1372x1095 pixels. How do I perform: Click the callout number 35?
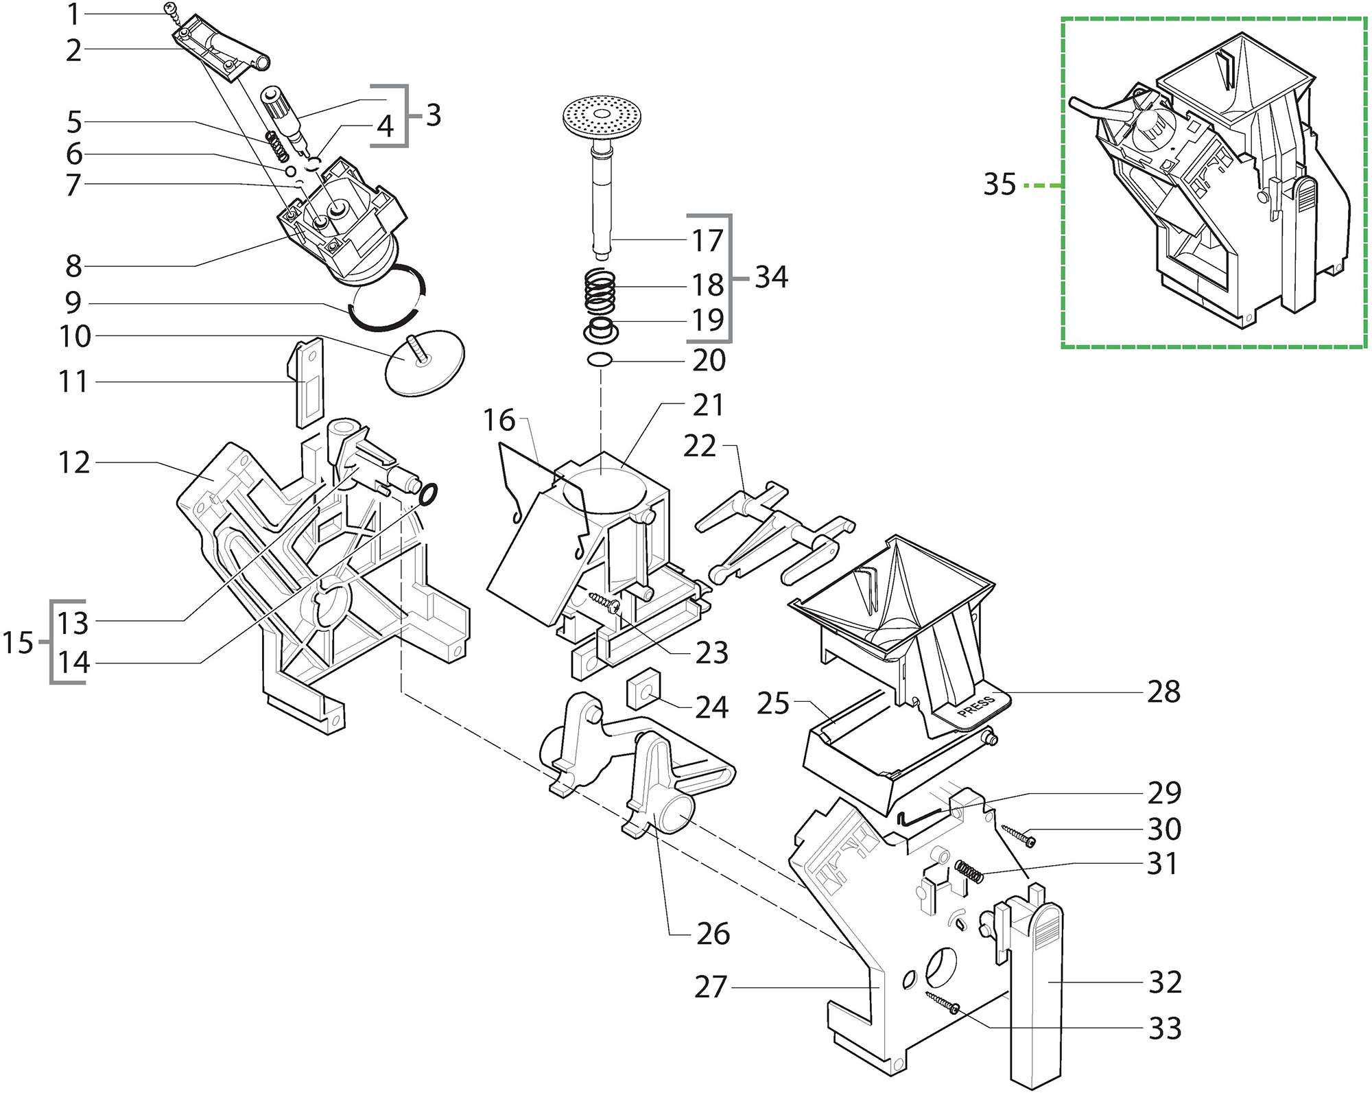click(x=999, y=184)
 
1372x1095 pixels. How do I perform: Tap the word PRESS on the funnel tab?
click(x=976, y=707)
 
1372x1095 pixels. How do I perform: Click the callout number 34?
click(x=771, y=277)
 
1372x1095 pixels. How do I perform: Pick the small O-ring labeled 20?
click(x=600, y=359)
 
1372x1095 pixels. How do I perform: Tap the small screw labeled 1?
click(x=171, y=9)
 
